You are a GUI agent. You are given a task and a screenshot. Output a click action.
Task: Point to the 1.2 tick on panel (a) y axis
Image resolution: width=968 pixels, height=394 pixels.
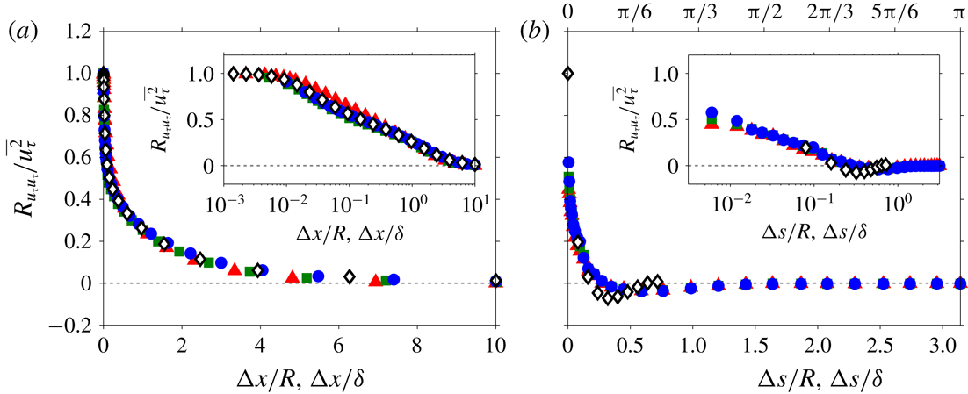pyautogui.click(x=80, y=32)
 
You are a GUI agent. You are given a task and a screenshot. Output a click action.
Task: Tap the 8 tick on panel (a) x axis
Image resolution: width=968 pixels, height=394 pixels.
pyautogui.click(x=417, y=345)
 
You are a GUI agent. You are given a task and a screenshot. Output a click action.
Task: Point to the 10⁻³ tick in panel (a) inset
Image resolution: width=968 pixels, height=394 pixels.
pyautogui.click(x=223, y=204)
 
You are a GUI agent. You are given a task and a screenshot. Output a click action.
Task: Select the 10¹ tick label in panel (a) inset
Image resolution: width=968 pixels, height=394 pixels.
pyautogui.click(x=475, y=204)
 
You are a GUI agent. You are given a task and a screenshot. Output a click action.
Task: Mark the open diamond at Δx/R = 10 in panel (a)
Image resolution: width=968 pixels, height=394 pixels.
pyautogui.click(x=496, y=281)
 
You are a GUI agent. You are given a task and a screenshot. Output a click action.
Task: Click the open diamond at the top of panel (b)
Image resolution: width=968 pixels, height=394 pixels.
pyautogui.click(x=568, y=74)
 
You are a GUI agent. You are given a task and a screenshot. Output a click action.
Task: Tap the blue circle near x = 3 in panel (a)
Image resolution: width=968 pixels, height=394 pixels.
pyautogui.click(x=221, y=262)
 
